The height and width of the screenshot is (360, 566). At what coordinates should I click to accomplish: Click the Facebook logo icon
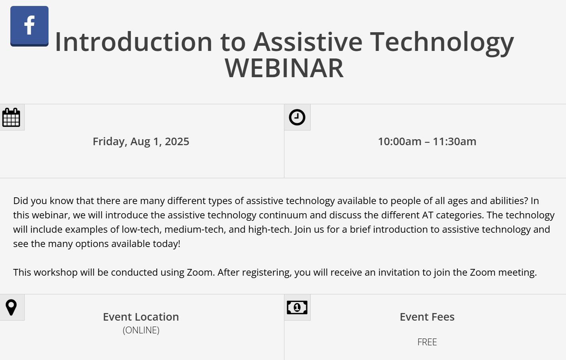(29, 26)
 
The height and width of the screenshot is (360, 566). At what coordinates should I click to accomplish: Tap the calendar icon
(11, 117)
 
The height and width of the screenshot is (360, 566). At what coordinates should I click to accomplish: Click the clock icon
(297, 117)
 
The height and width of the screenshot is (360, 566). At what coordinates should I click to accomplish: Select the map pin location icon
(11, 307)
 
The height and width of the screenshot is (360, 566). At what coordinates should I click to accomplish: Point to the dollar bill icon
(297, 307)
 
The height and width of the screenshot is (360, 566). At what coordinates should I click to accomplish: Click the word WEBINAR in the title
(284, 68)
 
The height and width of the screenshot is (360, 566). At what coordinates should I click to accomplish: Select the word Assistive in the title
(308, 42)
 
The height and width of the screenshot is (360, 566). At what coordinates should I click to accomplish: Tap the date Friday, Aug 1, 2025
(141, 142)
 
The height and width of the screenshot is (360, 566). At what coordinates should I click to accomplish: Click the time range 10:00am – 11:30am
(427, 142)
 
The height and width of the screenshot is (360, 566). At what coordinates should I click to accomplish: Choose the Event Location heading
(141, 317)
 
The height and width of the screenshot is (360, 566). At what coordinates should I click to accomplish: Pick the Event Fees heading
(427, 317)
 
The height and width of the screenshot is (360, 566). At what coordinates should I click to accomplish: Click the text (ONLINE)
(141, 330)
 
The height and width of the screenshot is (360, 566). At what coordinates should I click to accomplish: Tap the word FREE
(427, 342)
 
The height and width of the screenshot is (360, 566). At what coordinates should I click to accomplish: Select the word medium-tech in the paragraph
(195, 230)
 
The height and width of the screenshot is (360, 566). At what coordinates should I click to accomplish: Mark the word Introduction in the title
(133, 42)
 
